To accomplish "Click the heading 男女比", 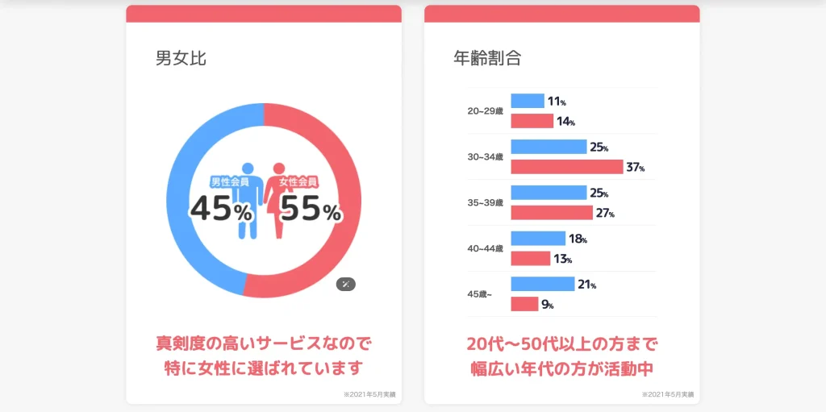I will [x=181, y=58].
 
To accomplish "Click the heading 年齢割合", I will [x=486, y=58].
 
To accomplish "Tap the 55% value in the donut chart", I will [x=310, y=210].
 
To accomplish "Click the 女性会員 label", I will [x=298, y=182].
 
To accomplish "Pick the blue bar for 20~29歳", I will [x=528, y=101].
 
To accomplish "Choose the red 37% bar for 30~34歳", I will [x=567, y=167].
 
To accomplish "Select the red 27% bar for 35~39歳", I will [x=552, y=213].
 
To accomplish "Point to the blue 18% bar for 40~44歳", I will [x=538, y=239].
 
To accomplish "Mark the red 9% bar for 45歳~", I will [x=524, y=304].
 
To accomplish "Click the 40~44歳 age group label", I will [x=485, y=248].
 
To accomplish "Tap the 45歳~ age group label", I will [x=480, y=294].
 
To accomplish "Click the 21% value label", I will [x=586, y=284].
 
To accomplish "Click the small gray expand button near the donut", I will [x=345, y=284].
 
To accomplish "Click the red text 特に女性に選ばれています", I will [x=264, y=368].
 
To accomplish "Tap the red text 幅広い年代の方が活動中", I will [x=561, y=368].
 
